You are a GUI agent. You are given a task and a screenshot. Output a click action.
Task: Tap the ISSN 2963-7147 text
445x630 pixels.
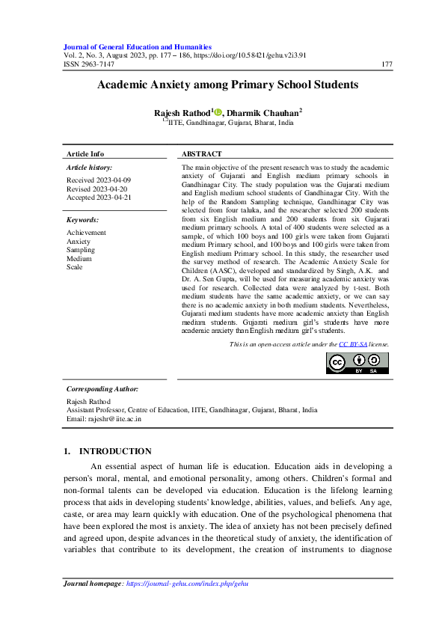coord(90,64)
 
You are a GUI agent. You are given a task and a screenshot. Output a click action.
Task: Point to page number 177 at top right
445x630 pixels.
coord(387,64)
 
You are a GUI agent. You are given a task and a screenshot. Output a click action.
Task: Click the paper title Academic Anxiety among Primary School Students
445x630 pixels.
coord(227,85)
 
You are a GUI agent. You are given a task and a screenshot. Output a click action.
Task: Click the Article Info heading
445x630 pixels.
coord(85,153)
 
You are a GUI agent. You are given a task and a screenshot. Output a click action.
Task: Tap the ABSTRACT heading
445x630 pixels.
coord(203,153)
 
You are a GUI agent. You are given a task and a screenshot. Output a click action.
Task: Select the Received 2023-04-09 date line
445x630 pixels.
coord(99,180)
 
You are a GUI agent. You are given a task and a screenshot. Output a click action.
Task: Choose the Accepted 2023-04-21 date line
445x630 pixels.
coord(99,198)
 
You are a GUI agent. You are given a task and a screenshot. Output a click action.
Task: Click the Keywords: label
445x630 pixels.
coord(82,220)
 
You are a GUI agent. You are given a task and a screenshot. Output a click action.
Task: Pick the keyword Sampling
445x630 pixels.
coord(81,250)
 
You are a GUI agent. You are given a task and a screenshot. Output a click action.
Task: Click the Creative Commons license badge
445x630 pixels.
coord(357,362)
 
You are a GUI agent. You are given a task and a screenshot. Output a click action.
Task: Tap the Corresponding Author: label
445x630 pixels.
coord(102,389)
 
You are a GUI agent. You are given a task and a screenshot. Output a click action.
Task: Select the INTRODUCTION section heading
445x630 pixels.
coord(115,451)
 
